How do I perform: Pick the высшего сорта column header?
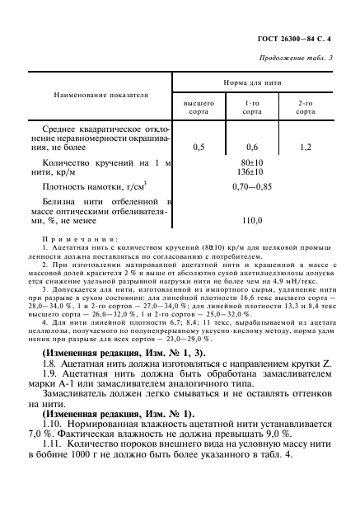click(x=199, y=106)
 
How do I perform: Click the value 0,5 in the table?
click(x=199, y=148)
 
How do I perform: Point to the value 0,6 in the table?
click(x=253, y=148)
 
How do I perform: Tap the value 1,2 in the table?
click(x=306, y=148)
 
